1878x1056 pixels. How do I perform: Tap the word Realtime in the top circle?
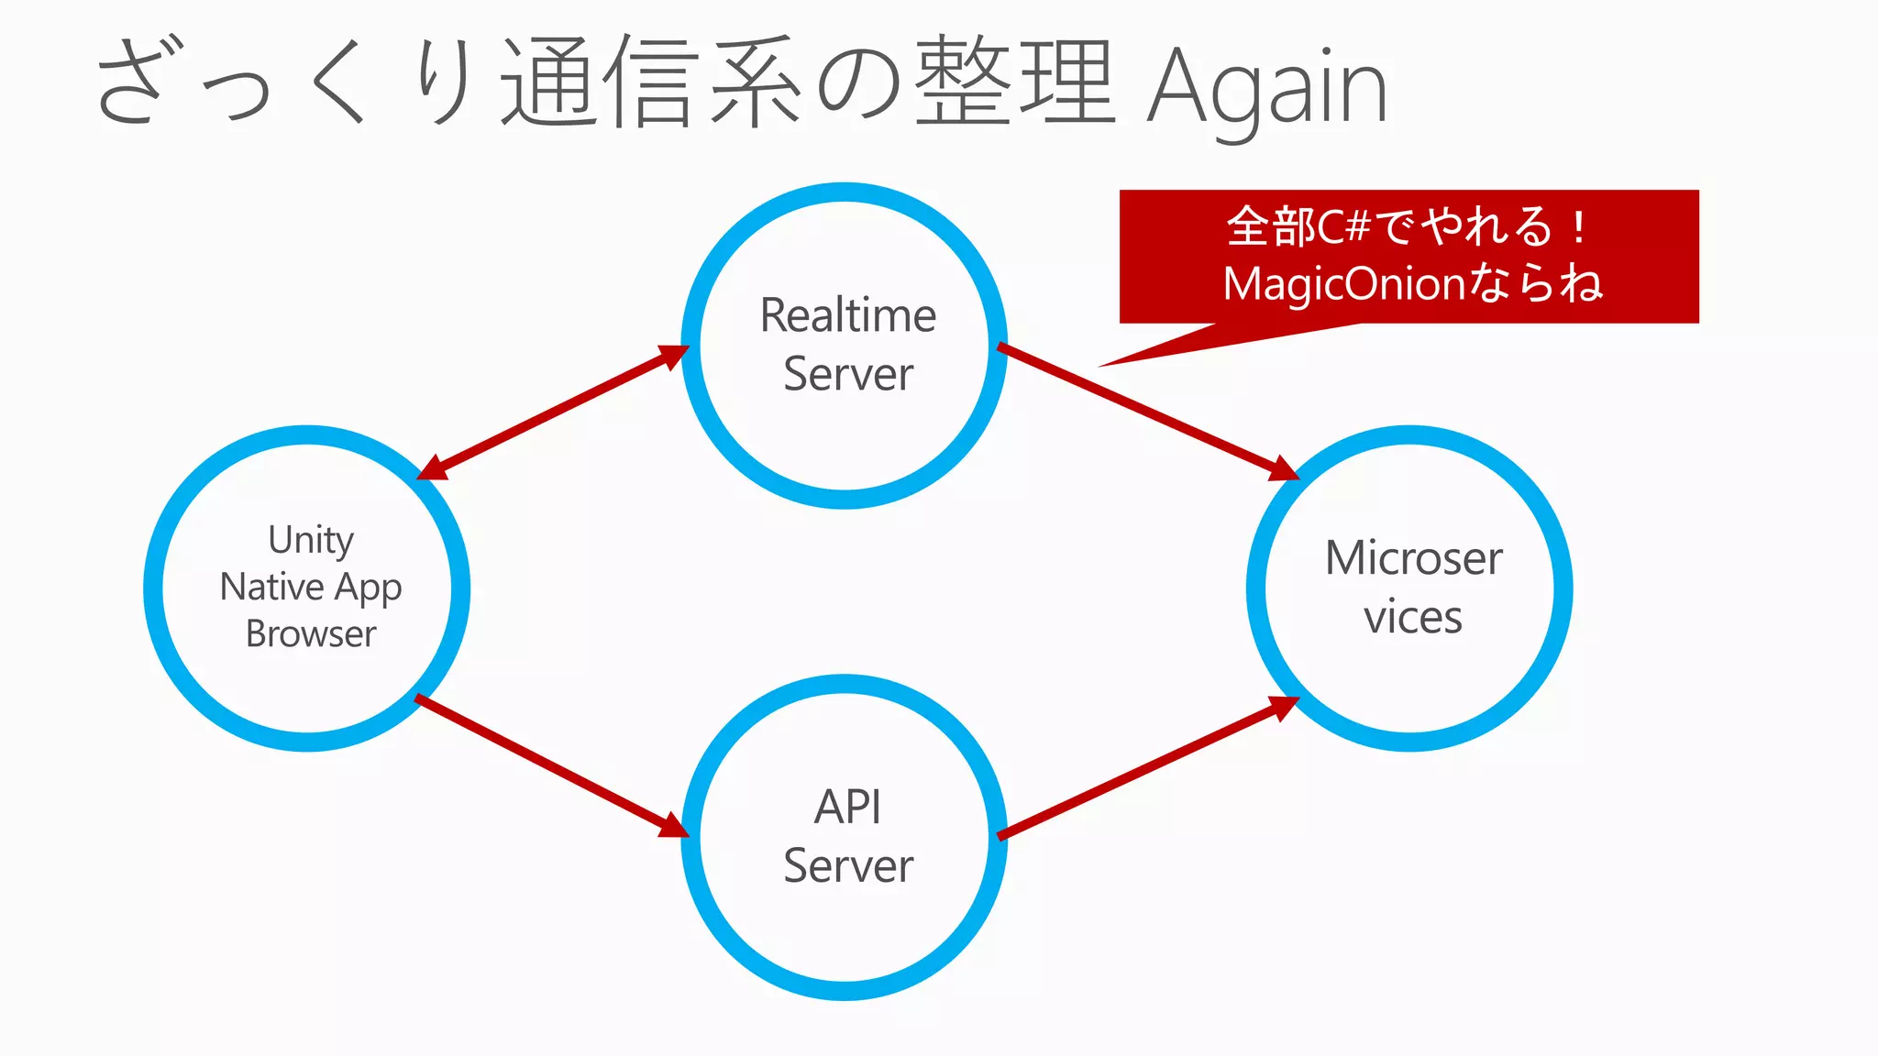pyautogui.click(x=848, y=315)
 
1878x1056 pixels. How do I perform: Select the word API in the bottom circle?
pyautogui.click(x=847, y=808)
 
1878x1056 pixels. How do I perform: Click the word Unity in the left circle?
pyautogui.click(x=311, y=539)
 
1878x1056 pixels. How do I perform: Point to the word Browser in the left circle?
pyautogui.click(x=311, y=634)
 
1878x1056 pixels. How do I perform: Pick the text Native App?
pyautogui.click(x=311, y=587)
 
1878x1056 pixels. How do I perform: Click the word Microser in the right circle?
pyautogui.click(x=1413, y=558)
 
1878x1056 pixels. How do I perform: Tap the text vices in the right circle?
pyautogui.click(x=1412, y=617)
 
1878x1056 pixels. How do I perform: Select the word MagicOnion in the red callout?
pyautogui.click(x=1344, y=284)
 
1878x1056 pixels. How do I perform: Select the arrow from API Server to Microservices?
pyautogui.click(x=1146, y=768)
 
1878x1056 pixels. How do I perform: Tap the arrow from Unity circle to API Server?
pyautogui.click(x=550, y=765)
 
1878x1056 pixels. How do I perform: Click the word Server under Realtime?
pyautogui.click(x=848, y=374)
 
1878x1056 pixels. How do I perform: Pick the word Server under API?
pyautogui.click(x=848, y=866)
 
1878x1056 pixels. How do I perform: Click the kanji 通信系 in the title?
pyautogui.click(x=651, y=82)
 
